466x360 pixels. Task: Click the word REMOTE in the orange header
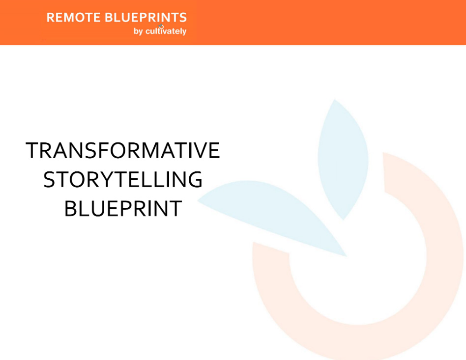[74, 18]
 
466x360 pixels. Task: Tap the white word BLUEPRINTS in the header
[146, 18]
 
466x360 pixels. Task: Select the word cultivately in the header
[166, 31]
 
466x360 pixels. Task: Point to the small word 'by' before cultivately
[138, 31]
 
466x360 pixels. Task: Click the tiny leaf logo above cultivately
[161, 26]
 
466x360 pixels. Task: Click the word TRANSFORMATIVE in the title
[123, 150]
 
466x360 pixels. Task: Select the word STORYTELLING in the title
[123, 180]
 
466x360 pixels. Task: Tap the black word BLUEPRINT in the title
[123, 209]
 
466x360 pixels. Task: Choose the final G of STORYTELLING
[195, 180]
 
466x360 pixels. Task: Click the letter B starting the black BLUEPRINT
[72, 209]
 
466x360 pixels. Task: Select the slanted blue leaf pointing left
[275, 211]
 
